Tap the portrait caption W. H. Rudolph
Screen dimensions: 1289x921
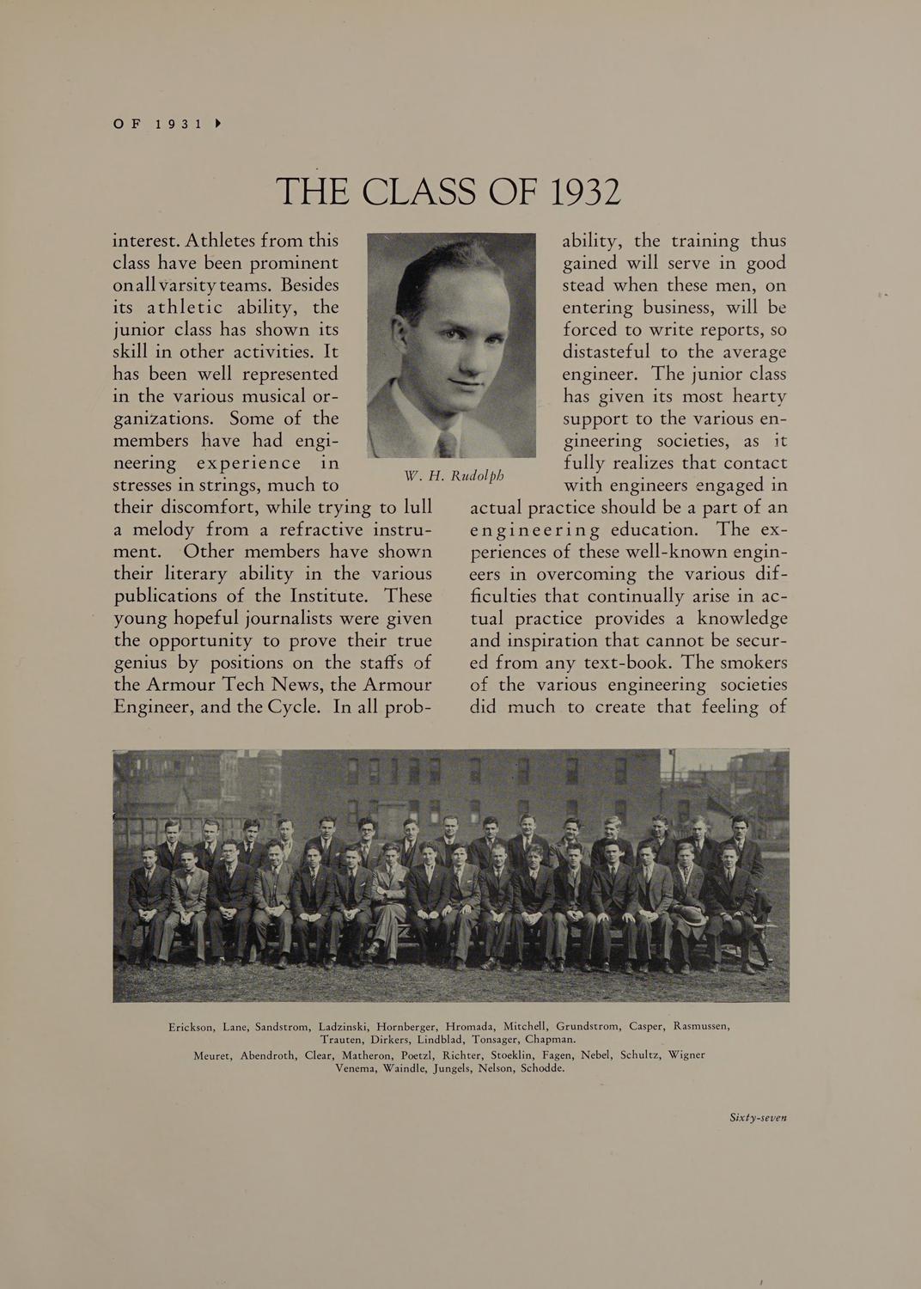(454, 475)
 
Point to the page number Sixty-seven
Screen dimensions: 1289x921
(758, 1117)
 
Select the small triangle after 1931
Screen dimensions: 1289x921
(217, 124)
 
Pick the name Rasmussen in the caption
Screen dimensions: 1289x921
(702, 1025)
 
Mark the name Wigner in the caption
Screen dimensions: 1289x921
(686, 1054)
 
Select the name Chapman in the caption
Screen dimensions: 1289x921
(550, 1040)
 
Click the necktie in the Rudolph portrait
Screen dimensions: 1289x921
(447, 443)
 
